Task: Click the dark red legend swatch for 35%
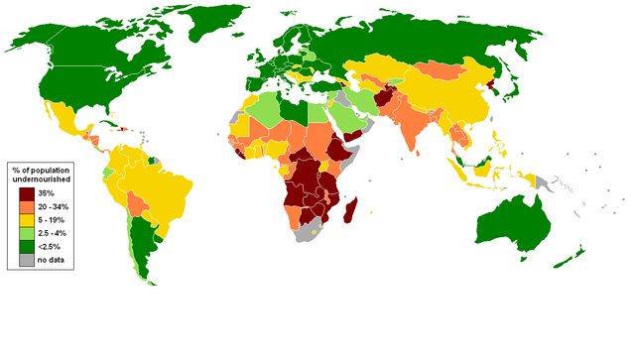23,192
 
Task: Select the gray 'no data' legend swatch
23,259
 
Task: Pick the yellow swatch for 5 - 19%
23,219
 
